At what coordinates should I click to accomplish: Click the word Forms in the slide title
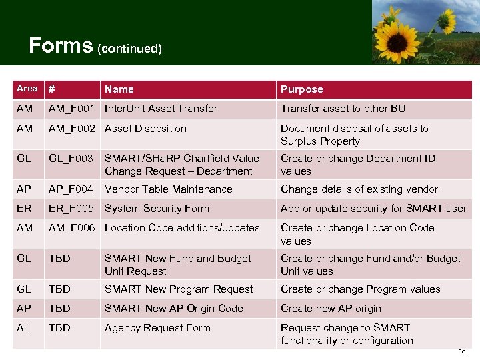point(61,45)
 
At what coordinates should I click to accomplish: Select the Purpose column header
point(301,89)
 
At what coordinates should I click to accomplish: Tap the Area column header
point(27,89)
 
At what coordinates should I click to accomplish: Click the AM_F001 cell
point(71,109)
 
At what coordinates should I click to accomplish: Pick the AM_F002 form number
point(71,129)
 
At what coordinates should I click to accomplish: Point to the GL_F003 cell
point(71,159)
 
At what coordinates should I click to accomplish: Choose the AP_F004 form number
point(71,189)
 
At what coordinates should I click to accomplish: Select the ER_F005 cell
point(71,209)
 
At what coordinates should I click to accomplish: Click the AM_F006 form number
point(71,228)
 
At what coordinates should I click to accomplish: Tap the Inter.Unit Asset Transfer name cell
point(161,109)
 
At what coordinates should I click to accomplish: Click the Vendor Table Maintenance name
point(169,189)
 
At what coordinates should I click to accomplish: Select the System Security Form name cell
point(157,209)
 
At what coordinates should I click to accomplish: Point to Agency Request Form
point(157,328)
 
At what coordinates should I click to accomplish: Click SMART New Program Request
point(179,289)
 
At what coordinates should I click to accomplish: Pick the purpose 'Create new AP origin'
point(331,309)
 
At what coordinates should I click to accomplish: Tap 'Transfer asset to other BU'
point(343,109)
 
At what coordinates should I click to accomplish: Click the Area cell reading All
point(23,328)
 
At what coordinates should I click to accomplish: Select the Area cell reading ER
point(24,209)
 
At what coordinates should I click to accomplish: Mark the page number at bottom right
point(462,351)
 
